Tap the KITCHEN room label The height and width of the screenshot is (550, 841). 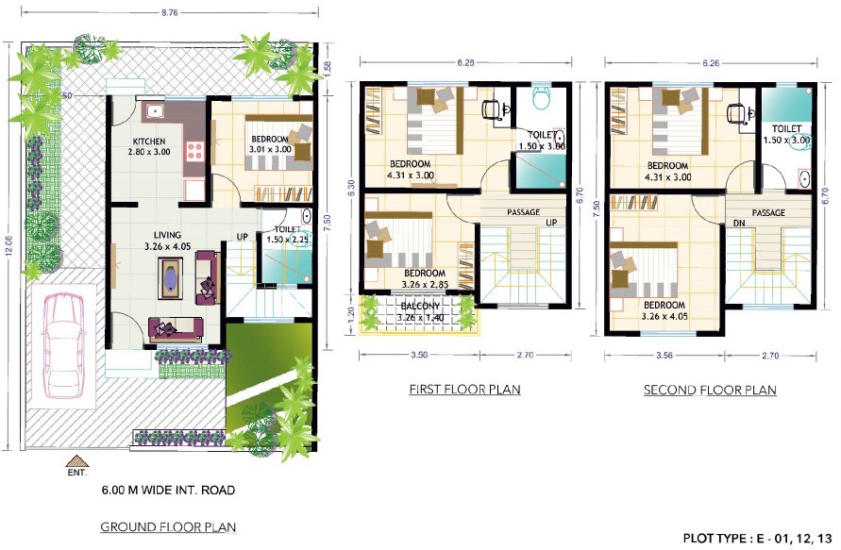tap(148, 143)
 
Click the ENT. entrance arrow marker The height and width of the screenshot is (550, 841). tap(76, 461)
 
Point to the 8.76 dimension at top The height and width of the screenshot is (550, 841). tap(170, 13)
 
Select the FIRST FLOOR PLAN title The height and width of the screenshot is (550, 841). tap(463, 389)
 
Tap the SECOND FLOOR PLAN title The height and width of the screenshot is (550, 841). tap(709, 390)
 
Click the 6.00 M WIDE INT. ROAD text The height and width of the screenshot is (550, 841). tap(168, 491)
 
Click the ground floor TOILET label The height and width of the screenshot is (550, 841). tap(287, 228)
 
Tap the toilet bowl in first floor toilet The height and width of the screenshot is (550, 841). tap(542, 98)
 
